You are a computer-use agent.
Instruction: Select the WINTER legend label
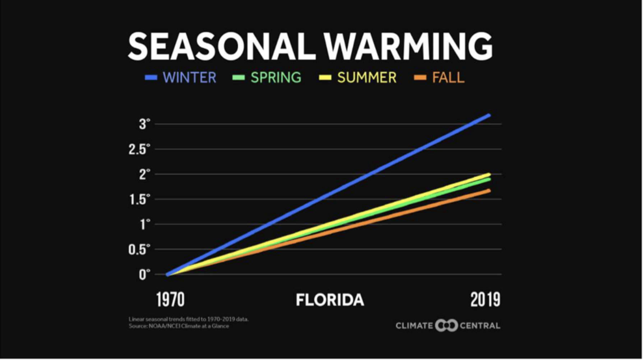[x=190, y=77]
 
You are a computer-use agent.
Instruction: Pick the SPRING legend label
[x=276, y=77]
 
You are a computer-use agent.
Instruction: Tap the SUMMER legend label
[x=367, y=77]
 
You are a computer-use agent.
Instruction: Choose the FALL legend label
[x=448, y=77]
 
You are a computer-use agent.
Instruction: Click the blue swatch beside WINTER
[x=151, y=78]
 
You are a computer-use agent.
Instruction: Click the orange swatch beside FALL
[x=420, y=78]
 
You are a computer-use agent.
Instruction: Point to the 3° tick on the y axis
[x=143, y=124]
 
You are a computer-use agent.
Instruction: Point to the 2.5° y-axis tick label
[x=138, y=149]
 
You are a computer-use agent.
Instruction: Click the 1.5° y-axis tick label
[x=138, y=199]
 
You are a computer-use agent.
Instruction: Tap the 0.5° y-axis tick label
[x=138, y=249]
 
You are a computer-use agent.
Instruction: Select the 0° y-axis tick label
[x=143, y=274]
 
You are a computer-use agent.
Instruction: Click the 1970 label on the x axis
[x=170, y=300]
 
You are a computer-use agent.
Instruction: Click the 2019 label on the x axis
[x=485, y=300]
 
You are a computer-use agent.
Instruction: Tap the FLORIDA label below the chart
[x=330, y=300]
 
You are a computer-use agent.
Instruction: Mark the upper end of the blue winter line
[x=489, y=115]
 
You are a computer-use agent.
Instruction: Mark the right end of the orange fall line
[x=489, y=190]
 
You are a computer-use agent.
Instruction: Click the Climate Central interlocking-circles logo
[x=447, y=326]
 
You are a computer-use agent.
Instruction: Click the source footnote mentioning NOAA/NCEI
[x=179, y=326]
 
